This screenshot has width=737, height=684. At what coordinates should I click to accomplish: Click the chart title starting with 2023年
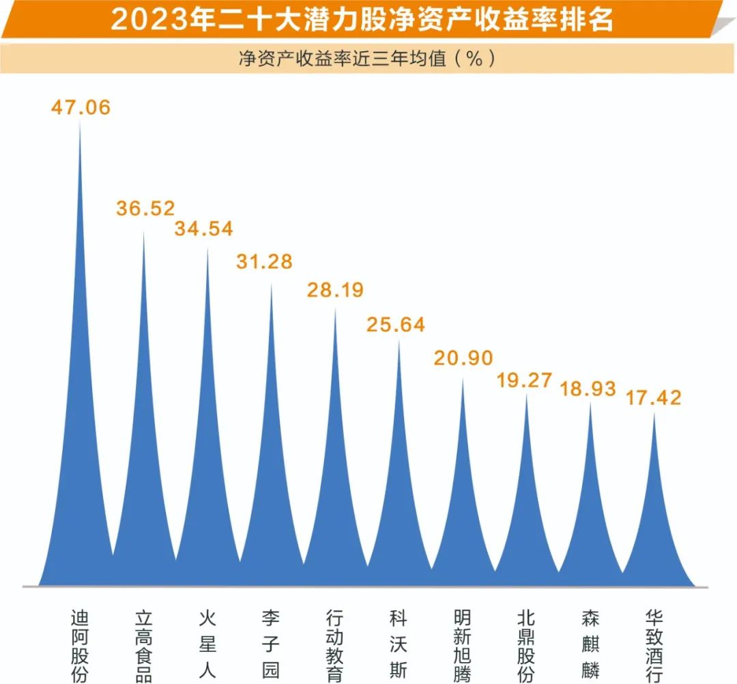[x=362, y=20]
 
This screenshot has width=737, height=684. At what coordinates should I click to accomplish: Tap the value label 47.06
[x=81, y=107]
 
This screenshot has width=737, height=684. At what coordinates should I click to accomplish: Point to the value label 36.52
[x=145, y=208]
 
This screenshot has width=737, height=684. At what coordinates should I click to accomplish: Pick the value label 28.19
[x=334, y=289]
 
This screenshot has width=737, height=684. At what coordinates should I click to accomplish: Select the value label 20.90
[x=463, y=358]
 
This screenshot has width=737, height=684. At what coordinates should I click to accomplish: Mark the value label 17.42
[x=653, y=397]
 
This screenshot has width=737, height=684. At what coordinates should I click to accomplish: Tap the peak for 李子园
[x=271, y=284]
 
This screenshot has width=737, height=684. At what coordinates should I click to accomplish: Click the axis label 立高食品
[x=143, y=645]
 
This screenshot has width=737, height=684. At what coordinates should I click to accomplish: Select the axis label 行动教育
[x=334, y=645]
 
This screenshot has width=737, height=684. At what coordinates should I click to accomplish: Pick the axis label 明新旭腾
[x=462, y=645]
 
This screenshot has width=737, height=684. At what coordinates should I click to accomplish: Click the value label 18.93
[x=588, y=389]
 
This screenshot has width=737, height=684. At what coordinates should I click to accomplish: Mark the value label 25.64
[x=396, y=324]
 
